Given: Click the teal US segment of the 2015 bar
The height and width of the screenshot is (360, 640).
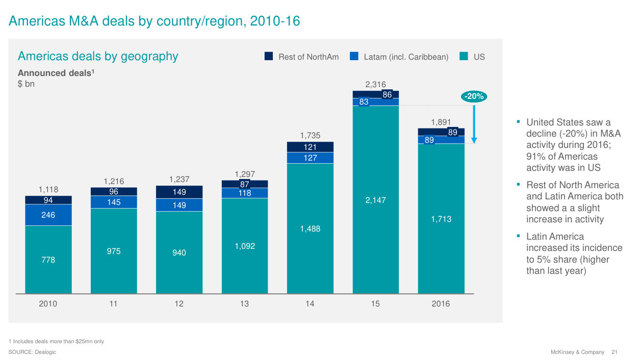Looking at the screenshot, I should coord(375,199).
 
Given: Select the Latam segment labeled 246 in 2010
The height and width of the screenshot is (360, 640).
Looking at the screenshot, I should coord(48,215).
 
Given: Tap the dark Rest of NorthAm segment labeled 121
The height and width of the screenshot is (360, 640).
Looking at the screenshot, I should coord(310,147).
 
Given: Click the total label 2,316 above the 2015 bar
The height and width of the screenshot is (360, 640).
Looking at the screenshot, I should coord(375,85).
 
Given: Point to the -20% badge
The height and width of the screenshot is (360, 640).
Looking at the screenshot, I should coord(474,96).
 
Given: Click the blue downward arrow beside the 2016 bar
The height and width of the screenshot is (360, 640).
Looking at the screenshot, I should coord(474,122).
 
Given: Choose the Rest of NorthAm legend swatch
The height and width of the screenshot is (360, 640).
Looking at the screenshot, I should coord(269,57).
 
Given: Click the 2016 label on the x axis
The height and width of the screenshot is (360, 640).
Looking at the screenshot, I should coord(441,304).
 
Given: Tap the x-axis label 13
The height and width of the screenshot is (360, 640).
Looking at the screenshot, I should coord(244,304).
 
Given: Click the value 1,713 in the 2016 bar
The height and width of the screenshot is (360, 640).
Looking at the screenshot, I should coord(441,219).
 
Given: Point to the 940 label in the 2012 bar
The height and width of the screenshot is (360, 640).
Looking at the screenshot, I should coord(179,252).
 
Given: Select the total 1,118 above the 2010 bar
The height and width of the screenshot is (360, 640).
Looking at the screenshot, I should coord(48,190).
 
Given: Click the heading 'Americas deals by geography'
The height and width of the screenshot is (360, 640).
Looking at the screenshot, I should coord(98,56).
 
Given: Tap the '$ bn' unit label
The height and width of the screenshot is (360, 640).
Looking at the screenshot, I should coord(26,84).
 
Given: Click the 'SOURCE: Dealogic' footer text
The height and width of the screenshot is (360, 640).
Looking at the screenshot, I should coord(32,352).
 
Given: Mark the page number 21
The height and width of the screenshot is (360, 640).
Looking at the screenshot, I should coord(615,352).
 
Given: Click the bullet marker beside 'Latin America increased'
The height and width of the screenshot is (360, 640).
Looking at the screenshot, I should coord(518,236).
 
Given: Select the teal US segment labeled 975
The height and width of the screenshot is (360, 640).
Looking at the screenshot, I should coord(114,251).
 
